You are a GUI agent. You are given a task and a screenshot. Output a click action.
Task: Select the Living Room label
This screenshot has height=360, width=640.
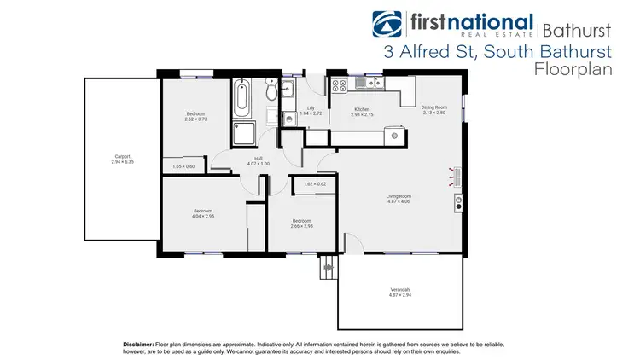click(x=399, y=196)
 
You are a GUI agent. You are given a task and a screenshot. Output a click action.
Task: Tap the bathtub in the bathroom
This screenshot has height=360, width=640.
click(x=241, y=99)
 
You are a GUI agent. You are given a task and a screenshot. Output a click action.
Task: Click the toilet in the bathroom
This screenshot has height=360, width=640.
click(x=271, y=92)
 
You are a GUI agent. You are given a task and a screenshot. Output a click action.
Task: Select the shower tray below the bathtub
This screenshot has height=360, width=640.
click(x=242, y=134)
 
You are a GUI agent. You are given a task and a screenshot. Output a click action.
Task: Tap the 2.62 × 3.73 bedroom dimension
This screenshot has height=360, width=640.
click(x=195, y=117)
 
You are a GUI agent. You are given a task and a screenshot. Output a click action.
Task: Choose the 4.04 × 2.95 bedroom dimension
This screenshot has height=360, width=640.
click(x=202, y=217)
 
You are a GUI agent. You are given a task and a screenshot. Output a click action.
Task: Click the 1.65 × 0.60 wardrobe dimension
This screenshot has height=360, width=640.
click(x=183, y=166)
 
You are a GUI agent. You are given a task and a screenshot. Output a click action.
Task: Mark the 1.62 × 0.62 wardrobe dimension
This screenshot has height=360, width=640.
click(x=314, y=183)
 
